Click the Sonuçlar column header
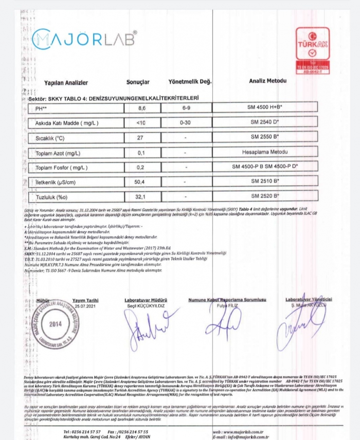138,82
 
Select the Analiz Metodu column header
267,81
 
